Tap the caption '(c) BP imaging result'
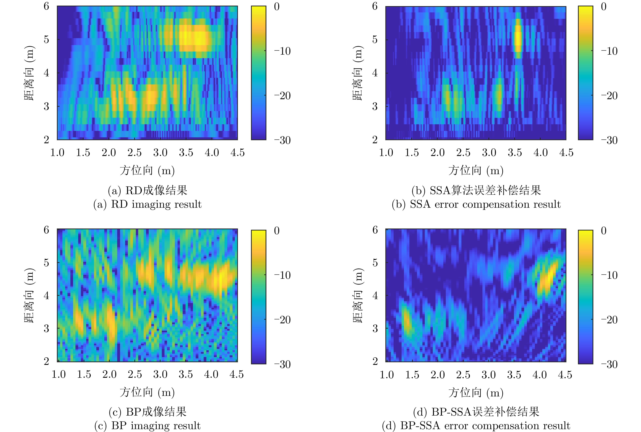[147, 426]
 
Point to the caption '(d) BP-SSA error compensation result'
[476, 426]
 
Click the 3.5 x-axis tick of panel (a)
[186, 153]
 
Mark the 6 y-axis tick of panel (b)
[375, 6]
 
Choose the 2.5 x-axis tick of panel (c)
[135, 374]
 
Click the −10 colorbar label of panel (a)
[282, 51]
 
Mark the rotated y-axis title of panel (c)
[29, 295]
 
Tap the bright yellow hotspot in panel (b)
[518, 39]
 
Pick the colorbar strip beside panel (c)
[258, 297]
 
